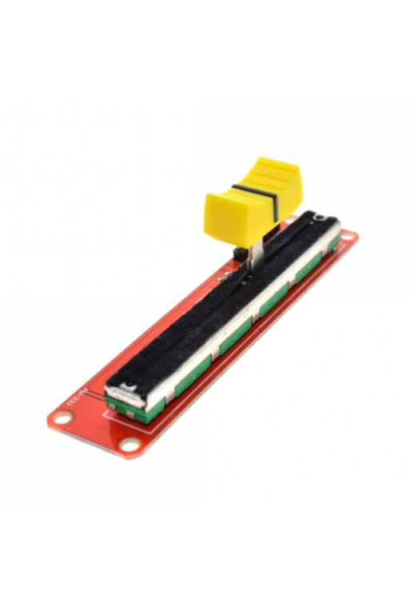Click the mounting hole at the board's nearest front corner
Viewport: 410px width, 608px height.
click(128, 445)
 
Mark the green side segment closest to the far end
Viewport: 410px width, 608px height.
click(327, 244)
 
